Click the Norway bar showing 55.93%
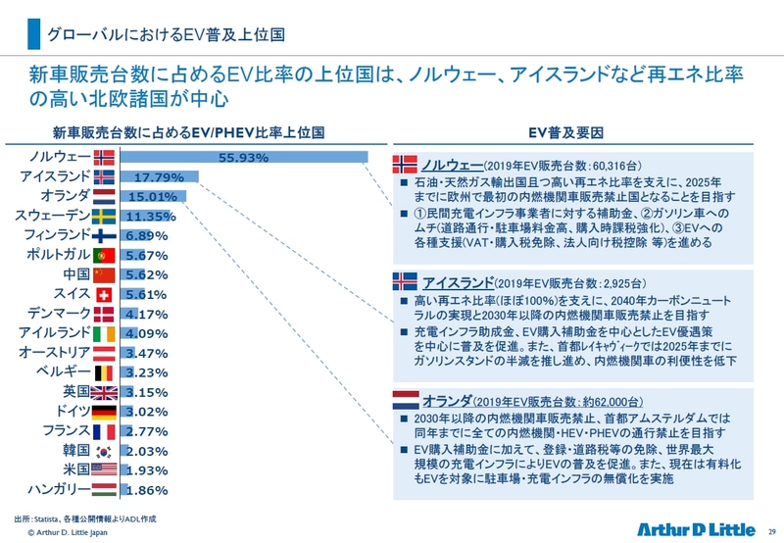click(x=244, y=158)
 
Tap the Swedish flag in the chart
click(x=106, y=217)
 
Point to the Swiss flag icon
click(x=106, y=294)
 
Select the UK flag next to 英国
click(x=106, y=392)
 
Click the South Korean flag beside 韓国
click(x=106, y=451)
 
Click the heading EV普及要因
click(x=563, y=132)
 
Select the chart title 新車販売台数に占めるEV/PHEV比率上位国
click(x=188, y=132)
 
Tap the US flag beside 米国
click(x=106, y=470)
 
